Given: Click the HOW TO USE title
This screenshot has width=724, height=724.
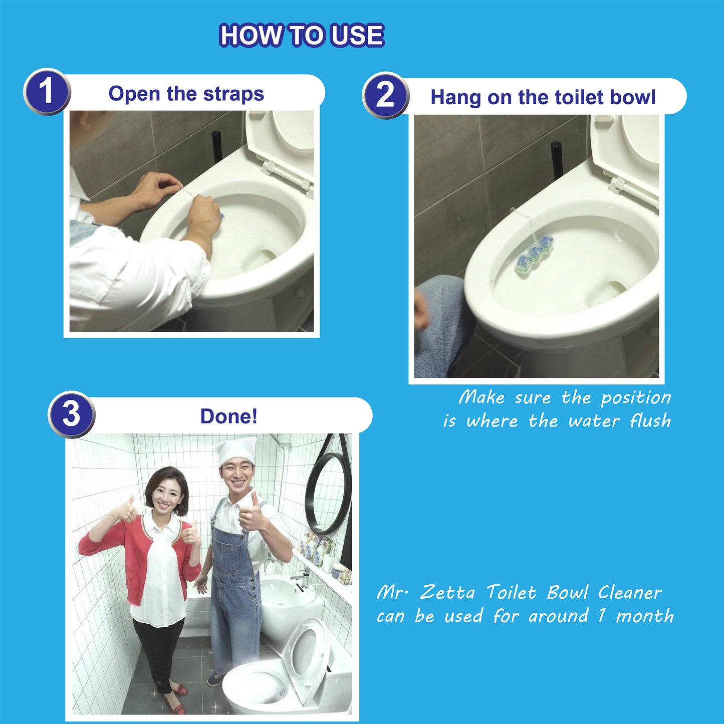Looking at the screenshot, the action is [302, 35].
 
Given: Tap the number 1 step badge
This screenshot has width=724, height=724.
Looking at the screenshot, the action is [47, 92].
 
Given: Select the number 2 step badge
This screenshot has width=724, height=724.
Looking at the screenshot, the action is [385, 95].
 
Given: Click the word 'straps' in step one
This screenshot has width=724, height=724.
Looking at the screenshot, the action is [233, 94].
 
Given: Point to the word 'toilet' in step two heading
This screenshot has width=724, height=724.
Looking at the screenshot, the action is [580, 97].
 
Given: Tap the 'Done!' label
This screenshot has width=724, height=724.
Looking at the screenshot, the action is [229, 416].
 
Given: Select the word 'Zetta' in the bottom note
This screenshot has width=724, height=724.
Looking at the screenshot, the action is [447, 593].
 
